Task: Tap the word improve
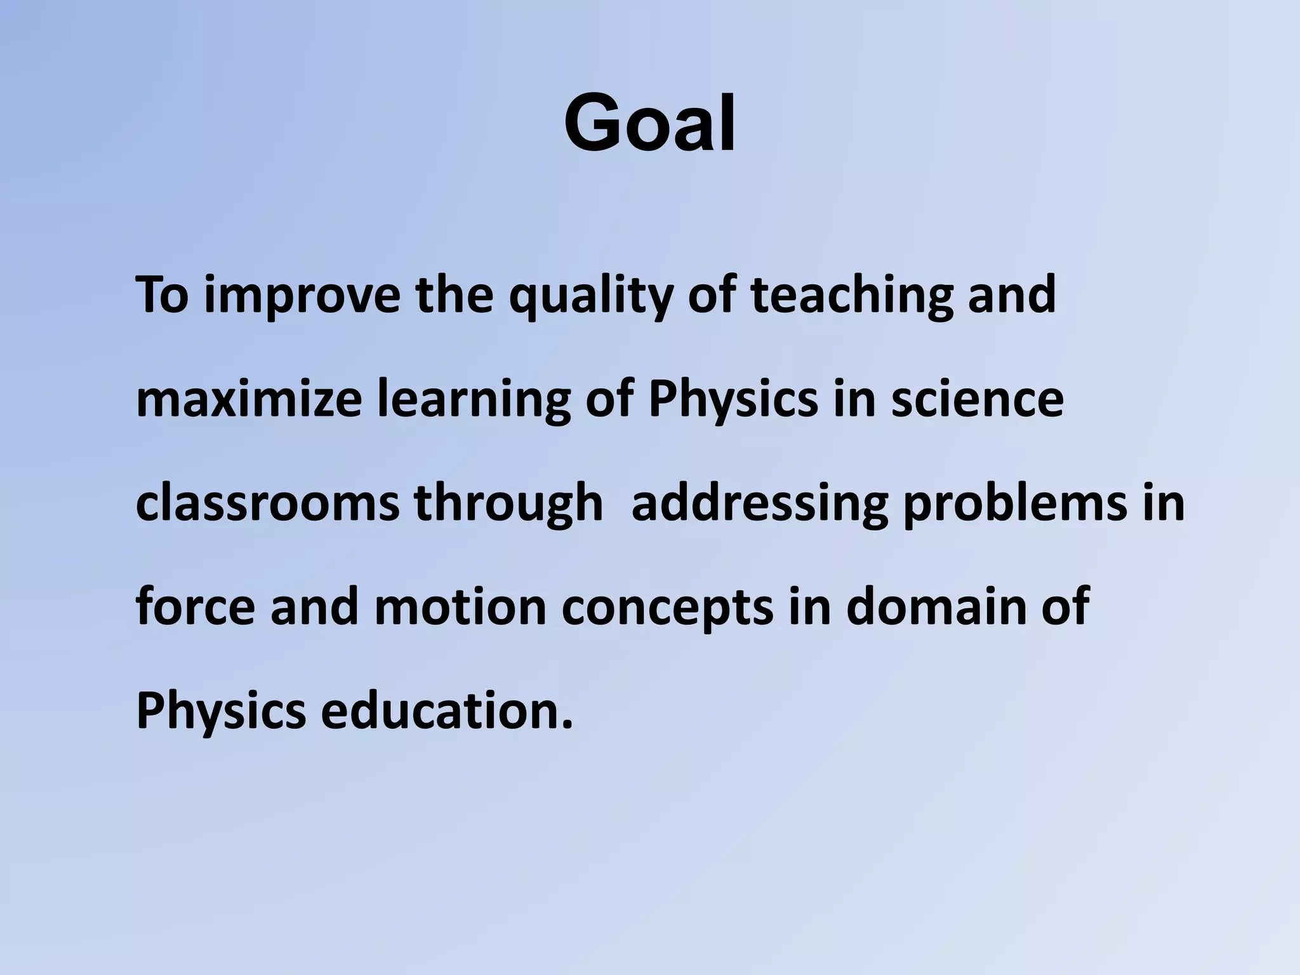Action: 302,296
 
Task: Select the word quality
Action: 590,296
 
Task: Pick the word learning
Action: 474,399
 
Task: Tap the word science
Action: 977,399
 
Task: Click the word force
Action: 196,607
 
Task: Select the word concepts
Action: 667,607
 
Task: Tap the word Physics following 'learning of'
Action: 733,399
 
